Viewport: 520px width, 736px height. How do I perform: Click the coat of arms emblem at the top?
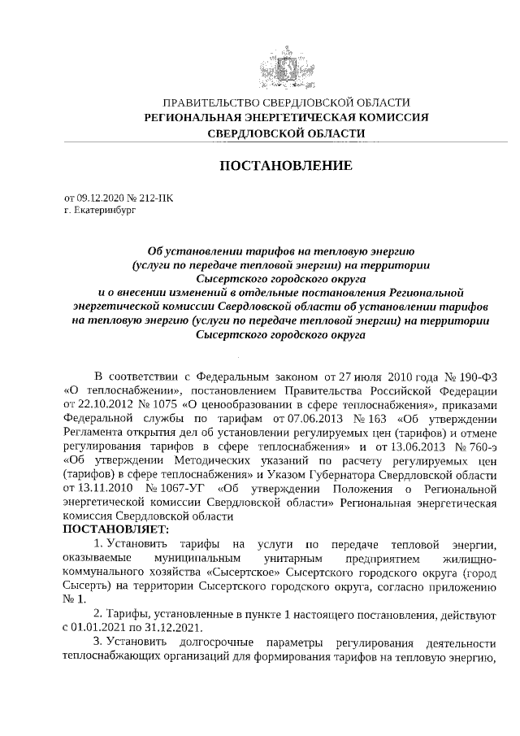click(x=287, y=65)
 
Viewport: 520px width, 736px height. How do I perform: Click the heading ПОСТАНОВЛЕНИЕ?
click(x=287, y=166)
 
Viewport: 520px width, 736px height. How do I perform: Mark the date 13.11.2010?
click(x=89, y=487)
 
